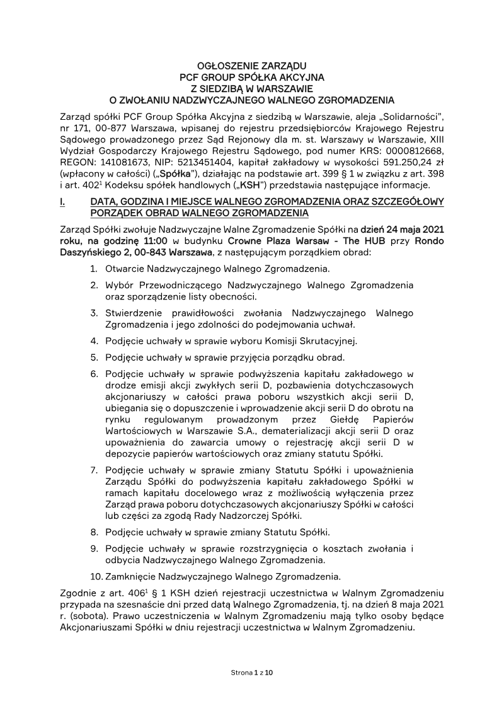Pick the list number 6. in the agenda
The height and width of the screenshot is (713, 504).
tap(94, 374)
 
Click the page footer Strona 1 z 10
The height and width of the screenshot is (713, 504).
tap(252, 673)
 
